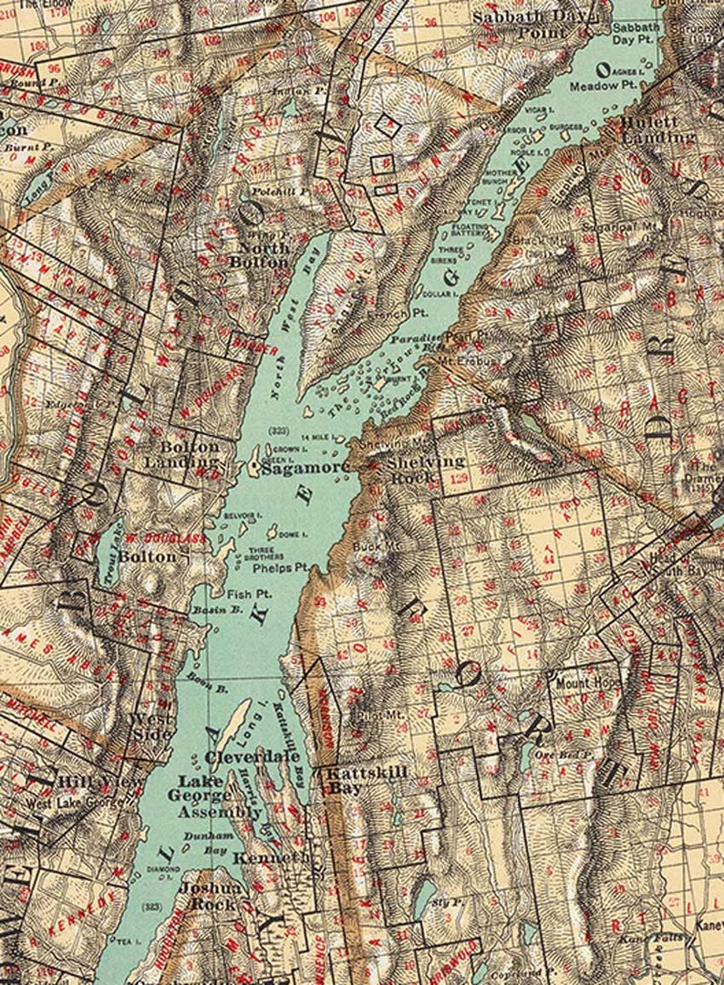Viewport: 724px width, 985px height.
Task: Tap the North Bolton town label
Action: click(264, 254)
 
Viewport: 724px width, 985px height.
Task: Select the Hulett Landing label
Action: click(657, 130)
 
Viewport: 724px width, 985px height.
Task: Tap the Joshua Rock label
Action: click(211, 896)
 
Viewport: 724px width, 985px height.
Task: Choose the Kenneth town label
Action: click(265, 859)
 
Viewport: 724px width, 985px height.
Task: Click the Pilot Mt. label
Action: click(371, 716)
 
